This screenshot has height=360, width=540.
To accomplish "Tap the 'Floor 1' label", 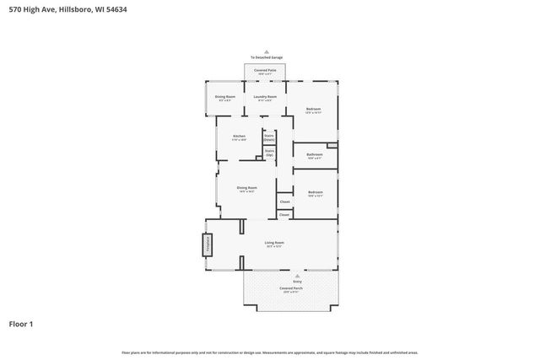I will [22, 323].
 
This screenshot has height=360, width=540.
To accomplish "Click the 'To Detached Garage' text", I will [267, 57].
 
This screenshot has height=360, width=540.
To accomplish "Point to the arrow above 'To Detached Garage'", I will [267, 51].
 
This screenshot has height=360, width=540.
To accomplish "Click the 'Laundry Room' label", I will [266, 97].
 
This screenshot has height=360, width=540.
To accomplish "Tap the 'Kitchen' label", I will [239, 137].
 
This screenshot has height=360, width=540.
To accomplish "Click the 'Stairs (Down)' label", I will [269, 137].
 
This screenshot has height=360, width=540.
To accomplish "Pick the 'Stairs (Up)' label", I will [269, 155].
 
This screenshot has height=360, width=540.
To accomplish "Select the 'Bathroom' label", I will [314, 155].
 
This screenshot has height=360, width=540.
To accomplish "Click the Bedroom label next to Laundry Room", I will [313, 110].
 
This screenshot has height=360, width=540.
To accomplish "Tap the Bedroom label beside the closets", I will [315, 193].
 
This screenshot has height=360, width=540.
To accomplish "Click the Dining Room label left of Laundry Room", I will [224, 97].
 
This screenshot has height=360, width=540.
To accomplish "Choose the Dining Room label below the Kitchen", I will [246, 189].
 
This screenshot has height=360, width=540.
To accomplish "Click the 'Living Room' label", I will [274, 244].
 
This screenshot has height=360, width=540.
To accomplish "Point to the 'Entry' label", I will [297, 281].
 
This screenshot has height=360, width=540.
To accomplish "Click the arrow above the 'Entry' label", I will [297, 274].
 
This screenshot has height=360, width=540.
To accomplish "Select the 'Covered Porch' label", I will [291, 288].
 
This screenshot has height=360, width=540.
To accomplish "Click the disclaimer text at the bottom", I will [270, 352].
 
